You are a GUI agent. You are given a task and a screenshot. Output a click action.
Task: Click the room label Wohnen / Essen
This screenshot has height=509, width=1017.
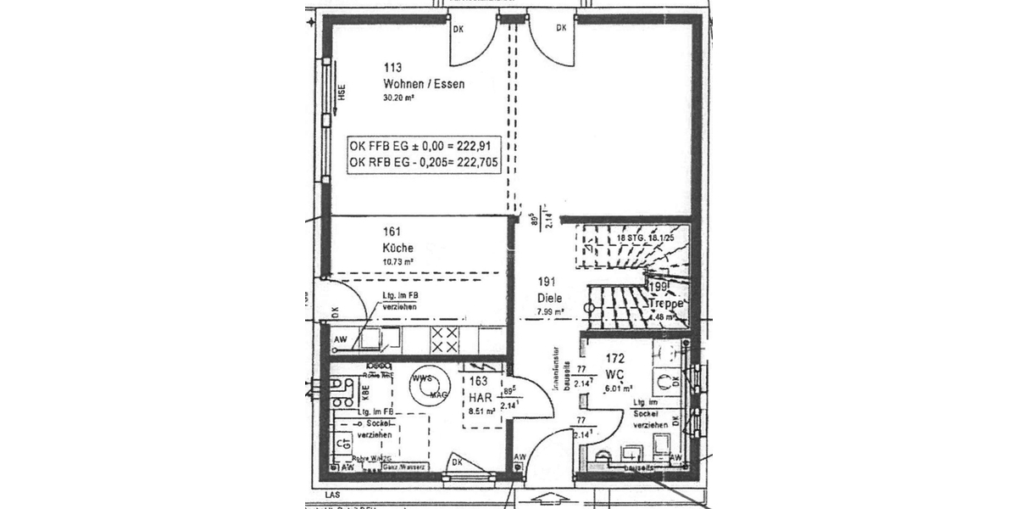424,84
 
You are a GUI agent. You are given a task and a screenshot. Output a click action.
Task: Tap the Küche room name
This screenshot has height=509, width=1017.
398,248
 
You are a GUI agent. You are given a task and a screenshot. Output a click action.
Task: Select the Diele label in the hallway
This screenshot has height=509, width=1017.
550,298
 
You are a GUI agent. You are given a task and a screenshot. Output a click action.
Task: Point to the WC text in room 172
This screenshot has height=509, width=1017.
614,373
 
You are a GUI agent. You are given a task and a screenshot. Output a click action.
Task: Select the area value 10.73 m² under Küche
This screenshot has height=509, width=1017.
398,262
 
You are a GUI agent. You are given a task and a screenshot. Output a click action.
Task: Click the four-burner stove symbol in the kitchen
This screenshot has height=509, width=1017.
444,340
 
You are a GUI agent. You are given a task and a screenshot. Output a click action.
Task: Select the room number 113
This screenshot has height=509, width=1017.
392,68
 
